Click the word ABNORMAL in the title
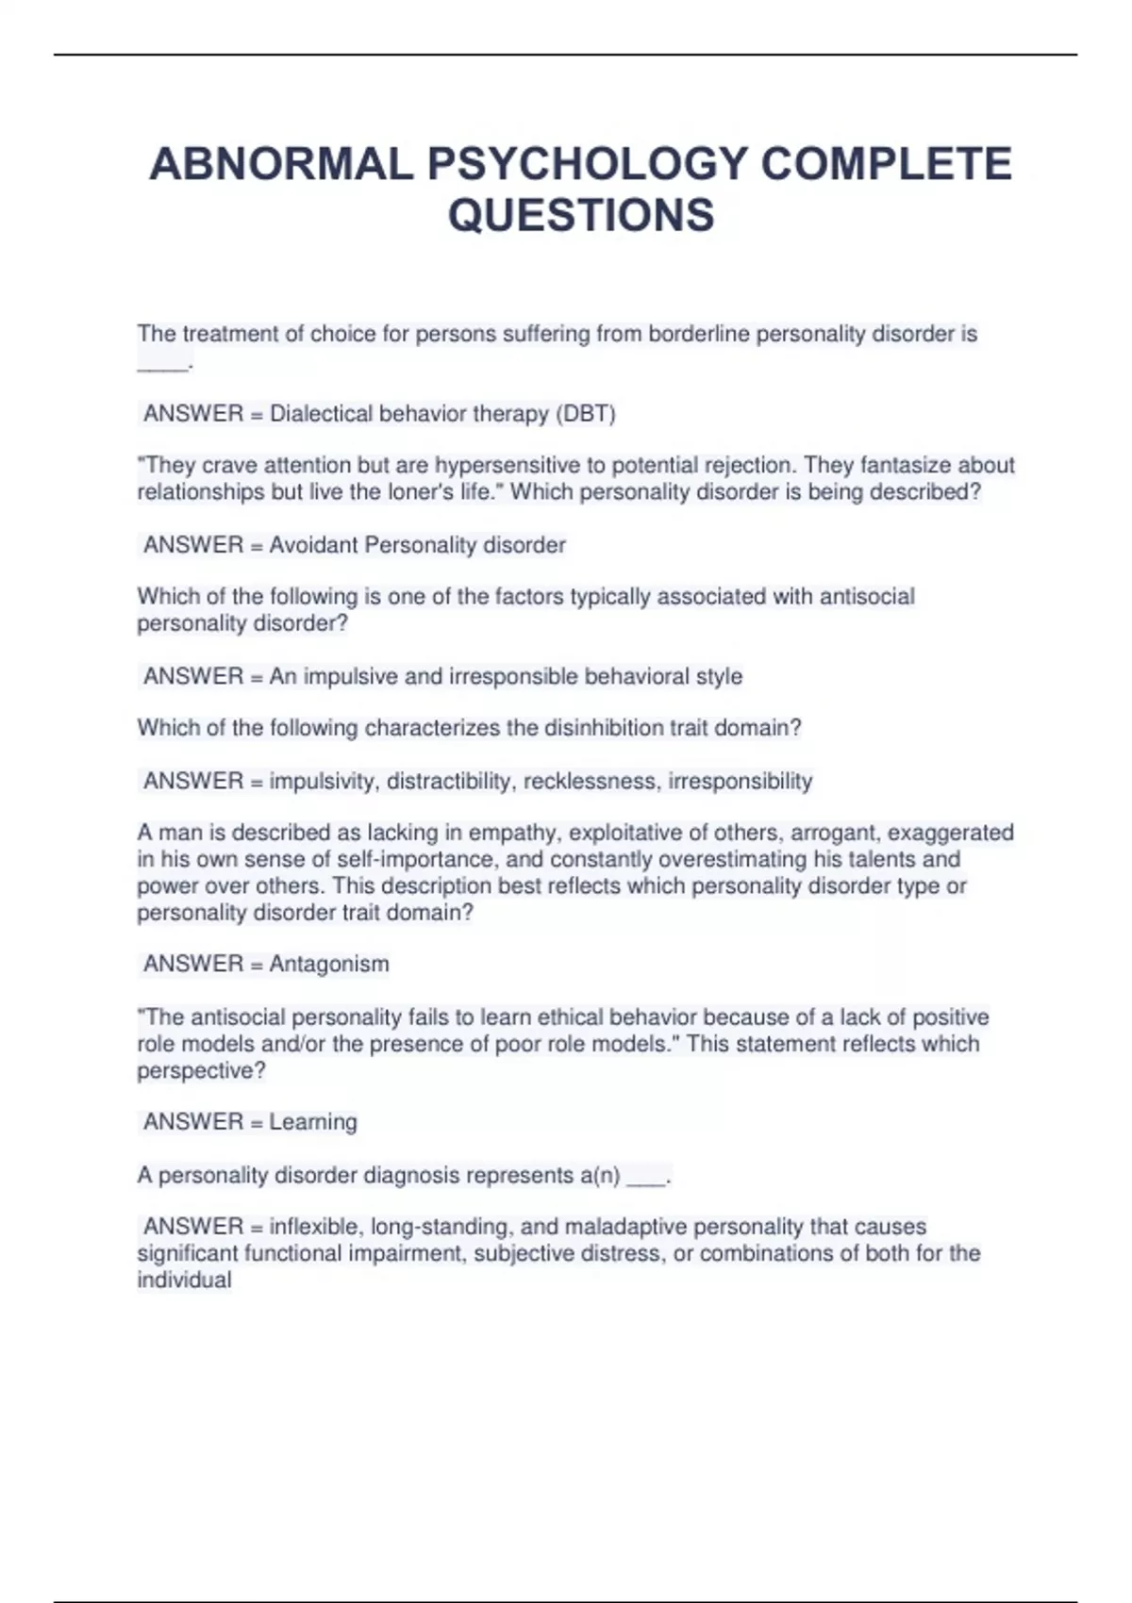point(281,164)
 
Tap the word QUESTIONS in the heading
point(581,215)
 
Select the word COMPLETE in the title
point(886,164)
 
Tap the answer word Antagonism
point(328,964)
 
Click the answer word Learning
point(313,1122)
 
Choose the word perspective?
point(201,1071)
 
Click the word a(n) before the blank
point(599,1176)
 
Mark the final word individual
point(184,1281)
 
